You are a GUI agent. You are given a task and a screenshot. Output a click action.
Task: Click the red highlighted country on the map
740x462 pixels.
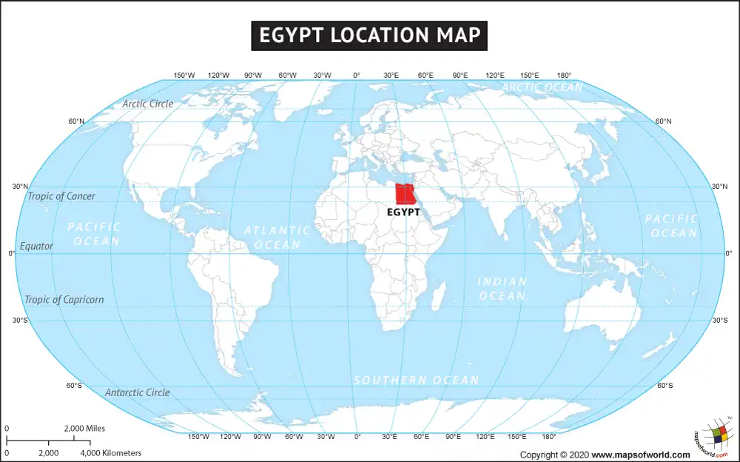[405, 194]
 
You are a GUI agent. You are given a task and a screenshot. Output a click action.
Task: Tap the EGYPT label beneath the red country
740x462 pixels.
[404, 212]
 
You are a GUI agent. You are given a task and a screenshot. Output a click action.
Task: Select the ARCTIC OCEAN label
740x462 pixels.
[542, 87]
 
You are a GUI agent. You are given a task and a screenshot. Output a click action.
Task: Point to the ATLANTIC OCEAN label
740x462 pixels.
[277, 238]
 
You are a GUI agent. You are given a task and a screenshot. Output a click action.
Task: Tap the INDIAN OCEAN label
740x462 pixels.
[502, 289]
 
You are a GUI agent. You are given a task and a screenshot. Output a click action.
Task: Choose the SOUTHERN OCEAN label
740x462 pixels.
[416, 381]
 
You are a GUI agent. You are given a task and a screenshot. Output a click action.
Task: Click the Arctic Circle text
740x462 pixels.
[148, 104]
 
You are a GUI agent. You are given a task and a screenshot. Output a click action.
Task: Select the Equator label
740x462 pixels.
[37, 246]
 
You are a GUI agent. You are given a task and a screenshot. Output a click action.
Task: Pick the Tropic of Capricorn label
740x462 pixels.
[64, 300]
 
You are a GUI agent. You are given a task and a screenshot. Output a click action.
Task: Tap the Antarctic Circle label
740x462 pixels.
[138, 392]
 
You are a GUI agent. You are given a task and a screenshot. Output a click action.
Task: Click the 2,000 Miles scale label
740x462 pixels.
[84, 429]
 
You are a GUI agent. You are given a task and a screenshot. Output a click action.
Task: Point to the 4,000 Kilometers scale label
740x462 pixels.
[110, 452]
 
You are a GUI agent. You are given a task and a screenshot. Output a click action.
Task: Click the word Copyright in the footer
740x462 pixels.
[545, 455]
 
